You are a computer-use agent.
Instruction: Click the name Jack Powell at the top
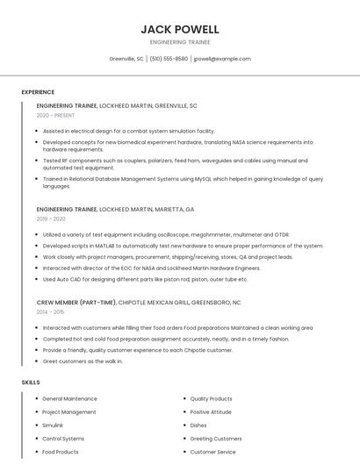[179, 29]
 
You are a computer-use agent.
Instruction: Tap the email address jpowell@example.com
[222, 59]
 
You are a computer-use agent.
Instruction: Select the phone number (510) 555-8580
[169, 59]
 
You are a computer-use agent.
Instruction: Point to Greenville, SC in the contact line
[126, 59]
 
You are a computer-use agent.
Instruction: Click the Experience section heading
[38, 92]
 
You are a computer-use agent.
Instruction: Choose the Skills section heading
[31, 383]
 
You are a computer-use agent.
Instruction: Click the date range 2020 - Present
[55, 115]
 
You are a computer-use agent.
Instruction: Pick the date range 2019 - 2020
[51, 218]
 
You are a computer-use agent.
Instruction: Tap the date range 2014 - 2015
[50, 311]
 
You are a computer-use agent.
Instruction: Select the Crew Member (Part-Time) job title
[76, 302]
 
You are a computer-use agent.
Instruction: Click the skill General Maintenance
[69, 399]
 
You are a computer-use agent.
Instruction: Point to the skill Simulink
[53, 426]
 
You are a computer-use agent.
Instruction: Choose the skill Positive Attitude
[211, 412]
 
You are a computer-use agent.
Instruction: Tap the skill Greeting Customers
[215, 439]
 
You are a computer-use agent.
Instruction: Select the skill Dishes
[198, 426]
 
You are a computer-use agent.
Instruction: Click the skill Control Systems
[63, 439]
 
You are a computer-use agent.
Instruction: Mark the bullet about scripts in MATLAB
[183, 246]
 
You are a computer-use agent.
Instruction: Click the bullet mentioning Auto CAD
[145, 279]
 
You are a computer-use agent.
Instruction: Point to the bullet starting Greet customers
[83, 361]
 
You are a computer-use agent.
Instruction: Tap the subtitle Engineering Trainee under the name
[179, 42]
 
